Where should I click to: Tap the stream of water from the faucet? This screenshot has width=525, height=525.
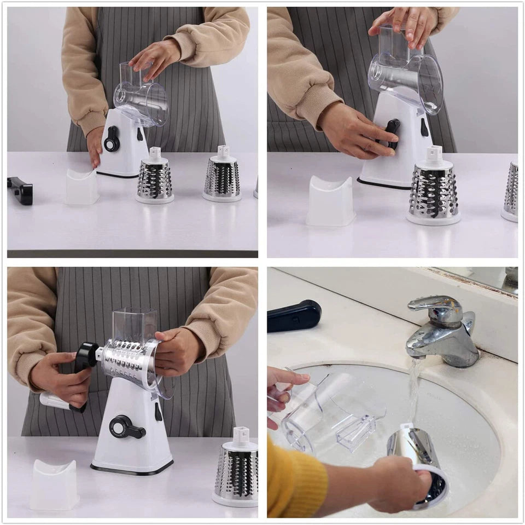(414, 389)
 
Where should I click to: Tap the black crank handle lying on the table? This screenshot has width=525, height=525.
(20, 190)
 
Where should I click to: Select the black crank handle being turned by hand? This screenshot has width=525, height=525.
(86, 356)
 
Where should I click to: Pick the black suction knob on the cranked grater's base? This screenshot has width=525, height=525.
(125, 426)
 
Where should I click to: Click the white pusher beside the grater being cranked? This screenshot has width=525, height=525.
(54, 484)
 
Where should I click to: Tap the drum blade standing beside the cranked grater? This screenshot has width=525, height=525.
(236, 471)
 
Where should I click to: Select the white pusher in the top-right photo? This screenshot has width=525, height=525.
(331, 201)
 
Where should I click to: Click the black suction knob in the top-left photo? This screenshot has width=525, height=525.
(112, 139)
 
